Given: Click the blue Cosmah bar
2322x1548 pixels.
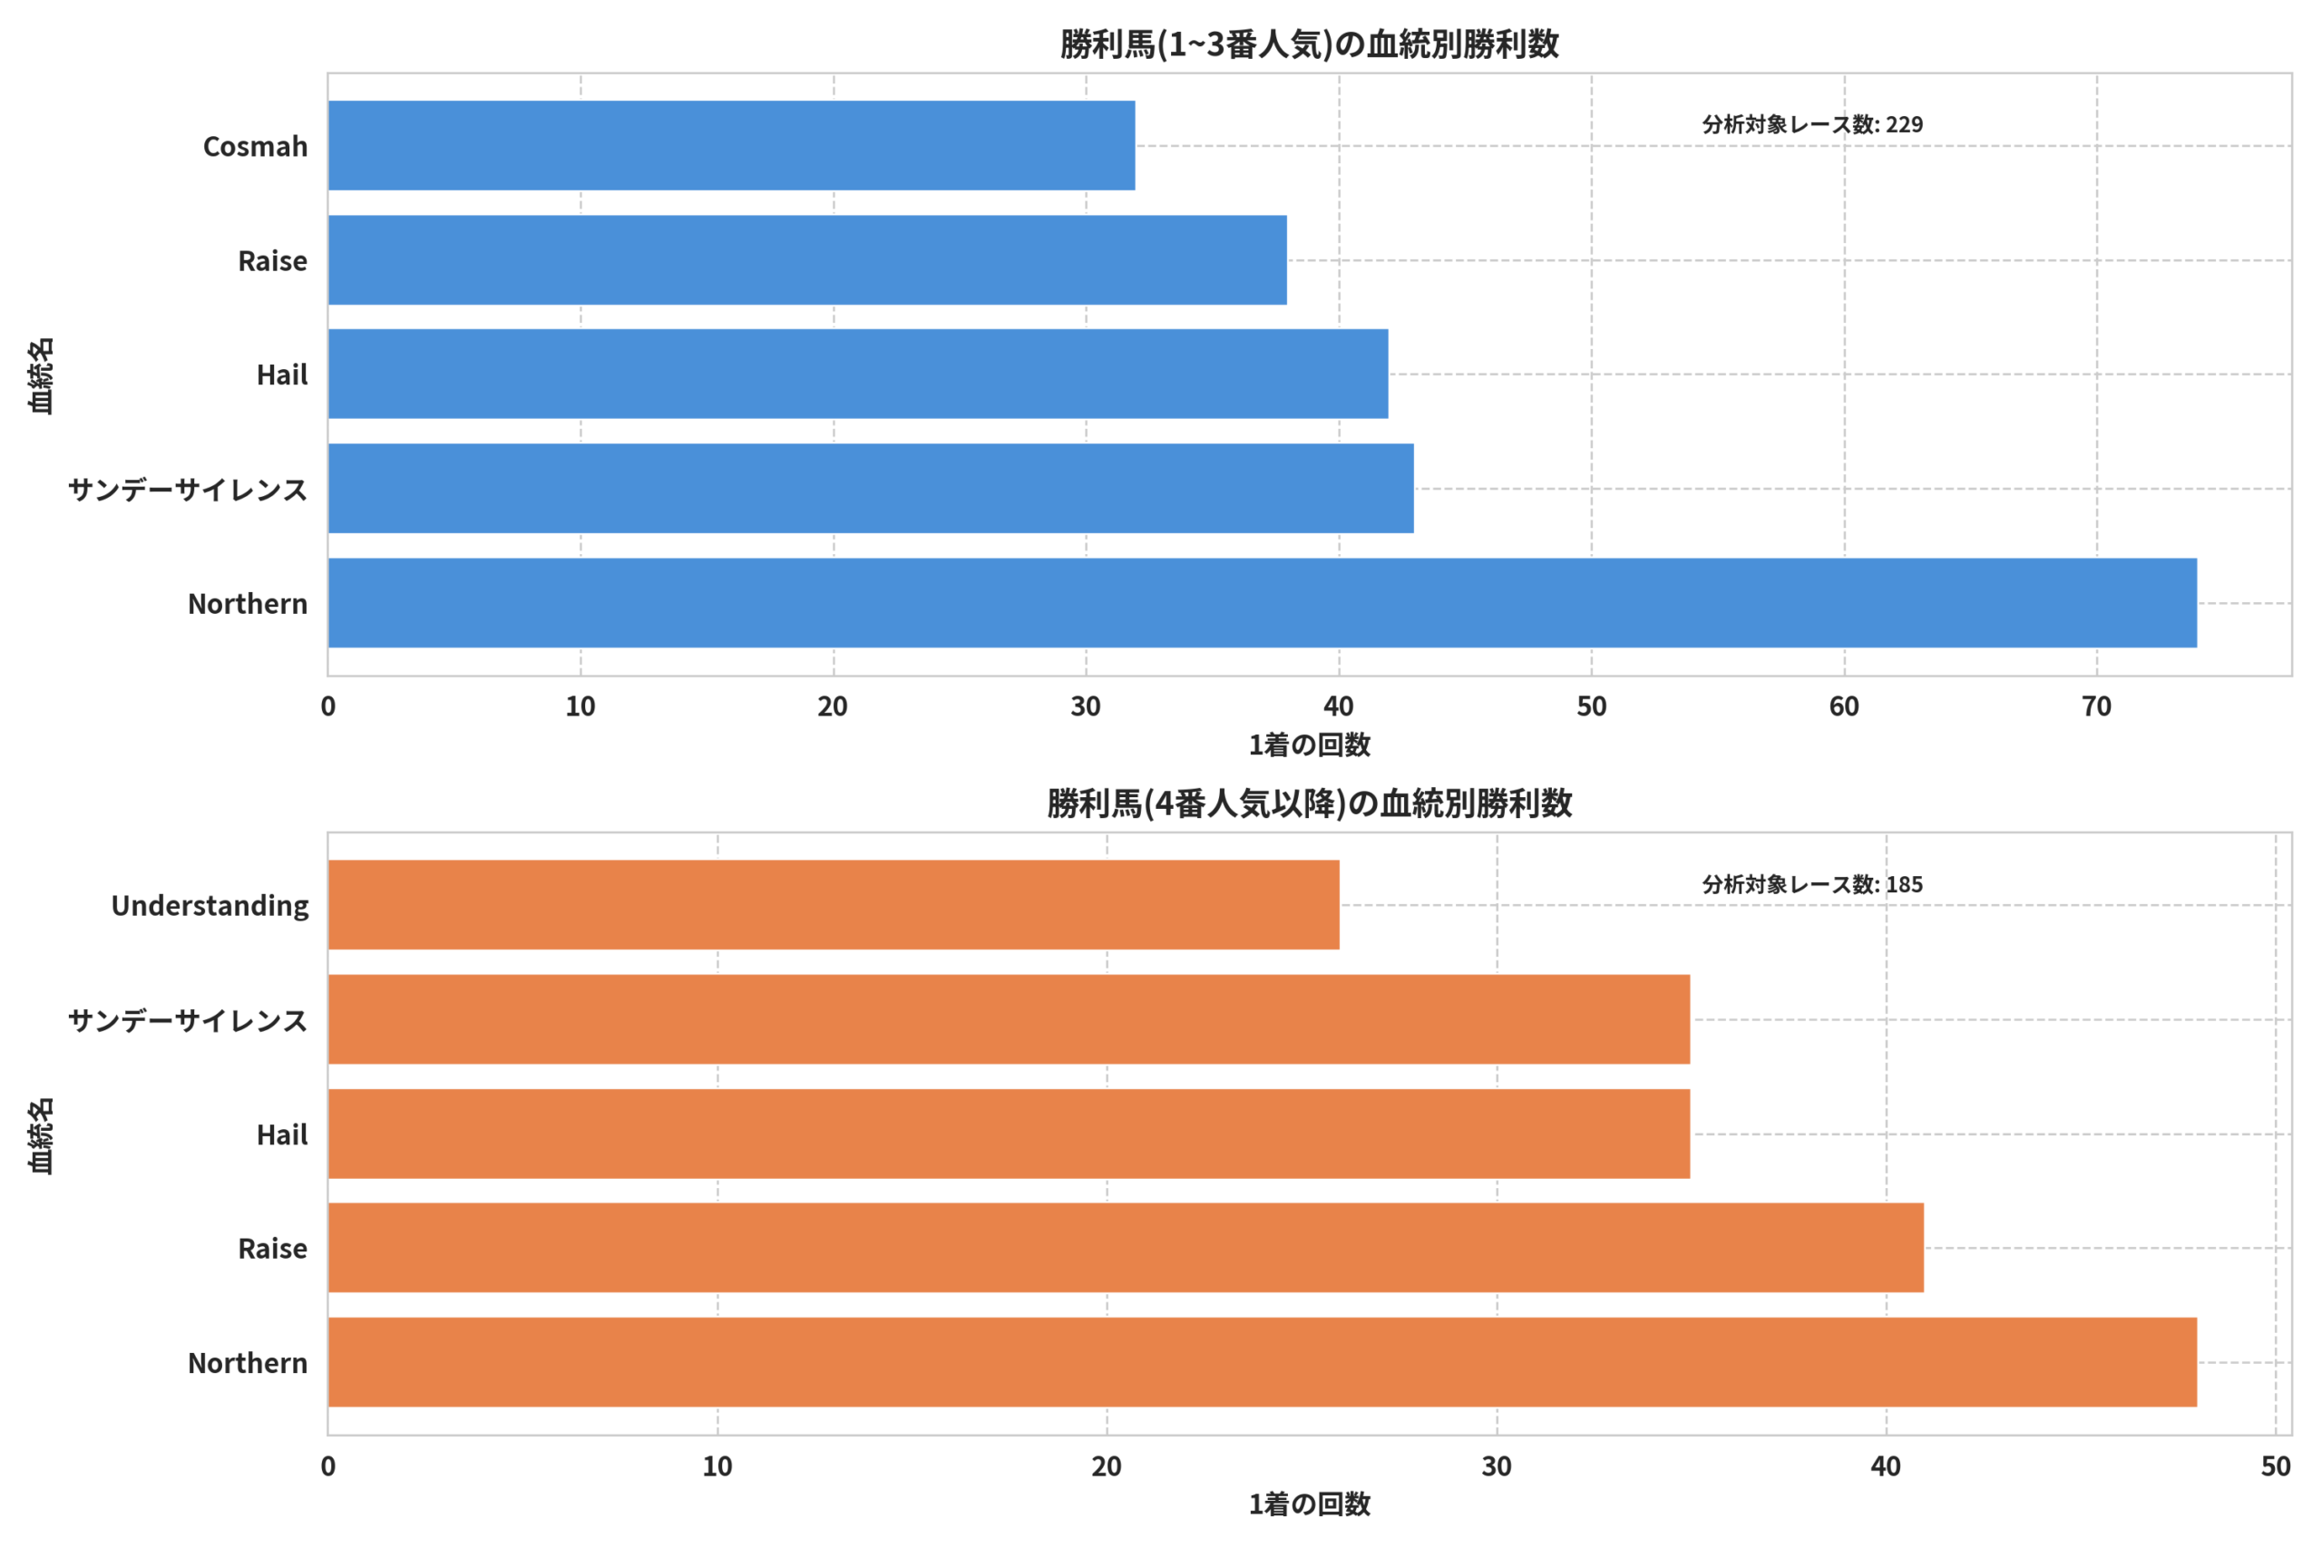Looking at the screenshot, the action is point(732,145).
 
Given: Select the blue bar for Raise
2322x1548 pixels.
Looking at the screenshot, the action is point(807,259).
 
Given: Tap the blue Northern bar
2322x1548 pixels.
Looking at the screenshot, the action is point(1263,602).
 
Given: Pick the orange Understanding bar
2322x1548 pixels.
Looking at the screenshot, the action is point(834,904).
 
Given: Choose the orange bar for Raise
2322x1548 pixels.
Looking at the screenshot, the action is point(1127,1247).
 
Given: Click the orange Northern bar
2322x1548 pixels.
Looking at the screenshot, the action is point(1263,1361).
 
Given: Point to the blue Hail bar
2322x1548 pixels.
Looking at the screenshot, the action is point(858,374).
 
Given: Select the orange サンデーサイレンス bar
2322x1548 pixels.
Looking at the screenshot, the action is point(1009,1018).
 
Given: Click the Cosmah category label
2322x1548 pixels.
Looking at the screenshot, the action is point(256,146).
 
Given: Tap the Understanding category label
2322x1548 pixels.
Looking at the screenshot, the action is point(210,905).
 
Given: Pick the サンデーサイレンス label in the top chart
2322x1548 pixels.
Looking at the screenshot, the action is point(188,490).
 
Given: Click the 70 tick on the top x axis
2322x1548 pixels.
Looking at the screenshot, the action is point(2097,706).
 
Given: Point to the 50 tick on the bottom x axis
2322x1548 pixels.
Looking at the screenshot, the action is point(2276,1466).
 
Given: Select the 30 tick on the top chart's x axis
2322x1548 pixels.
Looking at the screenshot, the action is point(1086,706).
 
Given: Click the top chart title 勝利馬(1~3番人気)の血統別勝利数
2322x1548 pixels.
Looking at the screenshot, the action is point(1309,44).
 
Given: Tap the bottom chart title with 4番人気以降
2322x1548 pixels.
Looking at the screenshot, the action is point(1309,803).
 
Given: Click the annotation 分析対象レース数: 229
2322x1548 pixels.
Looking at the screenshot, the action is point(1812,124).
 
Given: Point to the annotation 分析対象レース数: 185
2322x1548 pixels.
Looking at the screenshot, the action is point(1812,884).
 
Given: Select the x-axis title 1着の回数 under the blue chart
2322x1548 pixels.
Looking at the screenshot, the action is point(1309,745).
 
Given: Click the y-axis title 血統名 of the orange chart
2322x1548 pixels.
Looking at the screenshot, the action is point(42,1135).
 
